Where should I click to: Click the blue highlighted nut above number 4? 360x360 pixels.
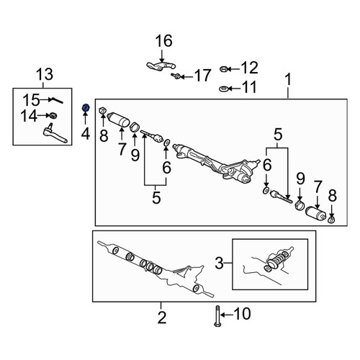(86, 108)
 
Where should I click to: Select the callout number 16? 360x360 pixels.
(163, 41)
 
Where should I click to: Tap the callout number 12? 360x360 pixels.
(249, 68)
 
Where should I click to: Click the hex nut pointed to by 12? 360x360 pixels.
(223, 69)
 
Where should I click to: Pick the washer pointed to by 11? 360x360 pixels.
(223, 89)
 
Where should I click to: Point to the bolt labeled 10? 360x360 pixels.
(217, 316)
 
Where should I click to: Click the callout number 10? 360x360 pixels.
(243, 314)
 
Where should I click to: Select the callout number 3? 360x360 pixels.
(219, 263)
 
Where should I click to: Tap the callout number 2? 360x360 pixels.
(162, 318)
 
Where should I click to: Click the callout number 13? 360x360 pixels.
(45, 74)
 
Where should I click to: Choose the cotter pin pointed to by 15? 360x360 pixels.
(56, 100)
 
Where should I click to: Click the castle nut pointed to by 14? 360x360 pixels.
(53, 115)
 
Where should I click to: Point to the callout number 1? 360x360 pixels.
(288, 79)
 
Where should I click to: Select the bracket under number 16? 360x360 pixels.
(161, 66)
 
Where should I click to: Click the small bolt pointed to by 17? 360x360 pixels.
(176, 76)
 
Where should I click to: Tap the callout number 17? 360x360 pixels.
(203, 76)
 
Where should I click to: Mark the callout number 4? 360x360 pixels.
(86, 134)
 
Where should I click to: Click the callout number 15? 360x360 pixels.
(32, 100)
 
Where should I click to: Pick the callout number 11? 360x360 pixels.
(249, 87)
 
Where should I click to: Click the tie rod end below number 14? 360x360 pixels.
(55, 135)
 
